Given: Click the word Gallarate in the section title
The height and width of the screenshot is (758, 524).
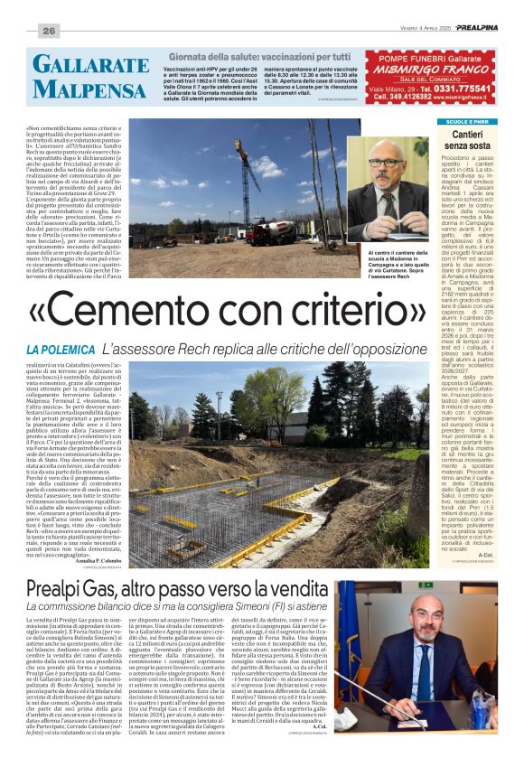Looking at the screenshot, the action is coord(78,64).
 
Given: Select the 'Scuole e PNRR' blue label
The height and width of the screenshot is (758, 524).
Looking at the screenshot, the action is coord(466,121).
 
